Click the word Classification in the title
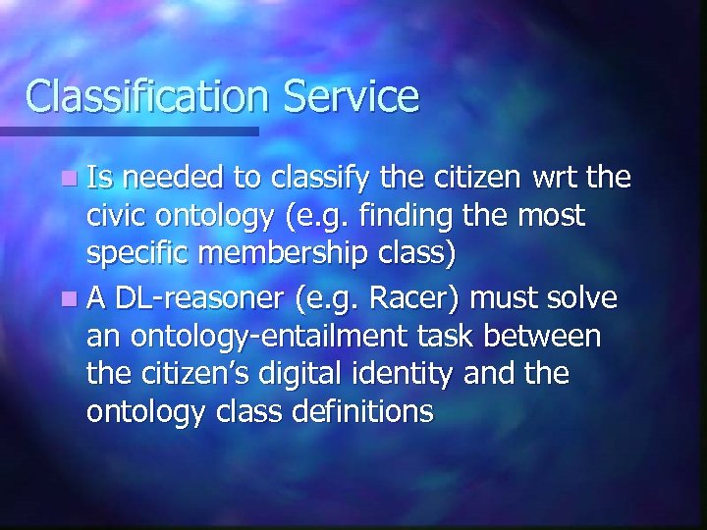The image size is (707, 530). (146, 96)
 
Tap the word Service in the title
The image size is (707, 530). (351, 96)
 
